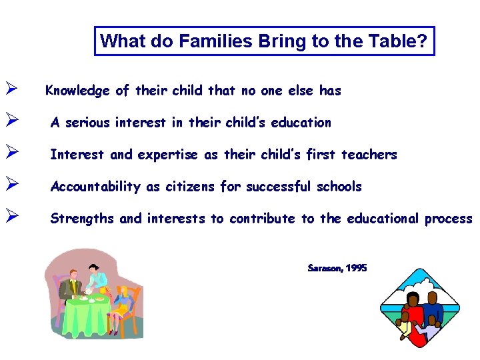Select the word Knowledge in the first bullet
(x=77, y=91)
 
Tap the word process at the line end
(x=449, y=219)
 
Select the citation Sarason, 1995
(x=337, y=268)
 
